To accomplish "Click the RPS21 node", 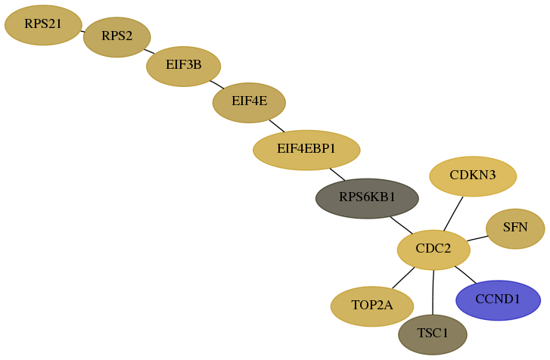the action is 43,25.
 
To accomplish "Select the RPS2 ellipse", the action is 117,37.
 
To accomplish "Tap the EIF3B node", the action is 183,67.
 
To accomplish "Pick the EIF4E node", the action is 249,103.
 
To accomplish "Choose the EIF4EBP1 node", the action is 306,150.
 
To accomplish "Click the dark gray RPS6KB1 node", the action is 367,198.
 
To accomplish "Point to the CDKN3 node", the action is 473,176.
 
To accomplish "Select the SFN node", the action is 515,228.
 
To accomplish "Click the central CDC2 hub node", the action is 433,250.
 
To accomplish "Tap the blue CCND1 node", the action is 498,300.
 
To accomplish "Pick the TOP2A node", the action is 372,306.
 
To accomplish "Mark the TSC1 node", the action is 433,334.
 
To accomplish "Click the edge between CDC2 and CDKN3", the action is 453,214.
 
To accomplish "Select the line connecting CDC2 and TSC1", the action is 433,293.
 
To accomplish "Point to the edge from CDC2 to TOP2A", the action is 403,278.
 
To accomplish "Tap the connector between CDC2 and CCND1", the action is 465,275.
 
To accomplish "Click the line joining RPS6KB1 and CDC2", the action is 401,225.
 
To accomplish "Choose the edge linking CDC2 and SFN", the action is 477,239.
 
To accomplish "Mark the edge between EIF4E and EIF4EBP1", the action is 277,126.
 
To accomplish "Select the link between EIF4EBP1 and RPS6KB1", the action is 337,175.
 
